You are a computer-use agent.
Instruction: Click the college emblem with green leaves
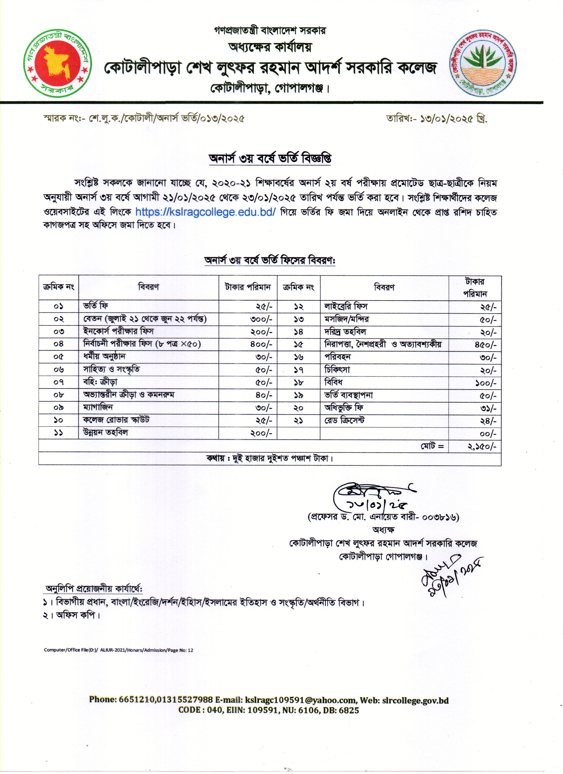click(482, 63)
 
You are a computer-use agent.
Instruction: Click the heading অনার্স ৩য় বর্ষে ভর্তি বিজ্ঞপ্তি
click(270, 159)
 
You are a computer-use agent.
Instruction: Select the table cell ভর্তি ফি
click(96, 306)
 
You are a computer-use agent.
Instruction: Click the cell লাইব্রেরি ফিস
click(346, 306)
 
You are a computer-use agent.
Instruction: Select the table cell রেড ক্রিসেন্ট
click(344, 421)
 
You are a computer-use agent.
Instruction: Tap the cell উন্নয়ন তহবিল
click(105, 433)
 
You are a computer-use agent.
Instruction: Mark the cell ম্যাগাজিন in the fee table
click(98, 408)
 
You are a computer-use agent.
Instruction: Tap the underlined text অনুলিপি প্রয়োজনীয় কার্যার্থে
click(94, 589)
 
